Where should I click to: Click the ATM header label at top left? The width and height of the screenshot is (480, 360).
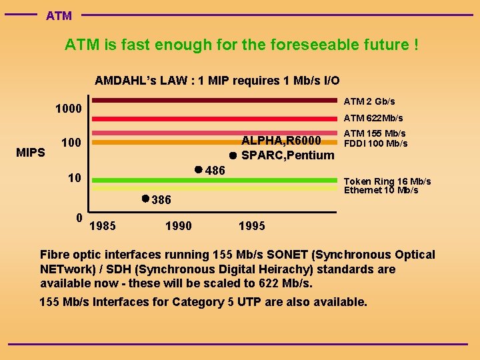[59, 15]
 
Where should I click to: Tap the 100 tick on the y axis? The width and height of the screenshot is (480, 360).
[71, 143]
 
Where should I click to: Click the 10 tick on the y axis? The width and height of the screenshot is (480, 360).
[75, 178]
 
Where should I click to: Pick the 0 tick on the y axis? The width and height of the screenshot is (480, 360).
[79, 217]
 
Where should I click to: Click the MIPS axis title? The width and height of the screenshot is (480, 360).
[30, 153]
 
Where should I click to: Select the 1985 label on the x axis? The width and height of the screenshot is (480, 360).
[102, 226]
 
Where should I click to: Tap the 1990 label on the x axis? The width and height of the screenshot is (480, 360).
[178, 226]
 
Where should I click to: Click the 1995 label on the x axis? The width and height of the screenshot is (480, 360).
[251, 226]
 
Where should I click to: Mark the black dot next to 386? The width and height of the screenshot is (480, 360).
[145, 199]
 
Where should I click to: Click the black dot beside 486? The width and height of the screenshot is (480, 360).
[198, 169]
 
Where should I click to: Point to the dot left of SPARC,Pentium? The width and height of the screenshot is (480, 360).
[233, 156]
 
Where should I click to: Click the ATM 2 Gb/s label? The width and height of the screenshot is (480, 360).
[369, 101]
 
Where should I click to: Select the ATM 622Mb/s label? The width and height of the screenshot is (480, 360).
[373, 118]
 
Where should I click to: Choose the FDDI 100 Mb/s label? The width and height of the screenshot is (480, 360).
[375, 143]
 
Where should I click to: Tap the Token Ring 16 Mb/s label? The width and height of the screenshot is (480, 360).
[387, 181]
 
